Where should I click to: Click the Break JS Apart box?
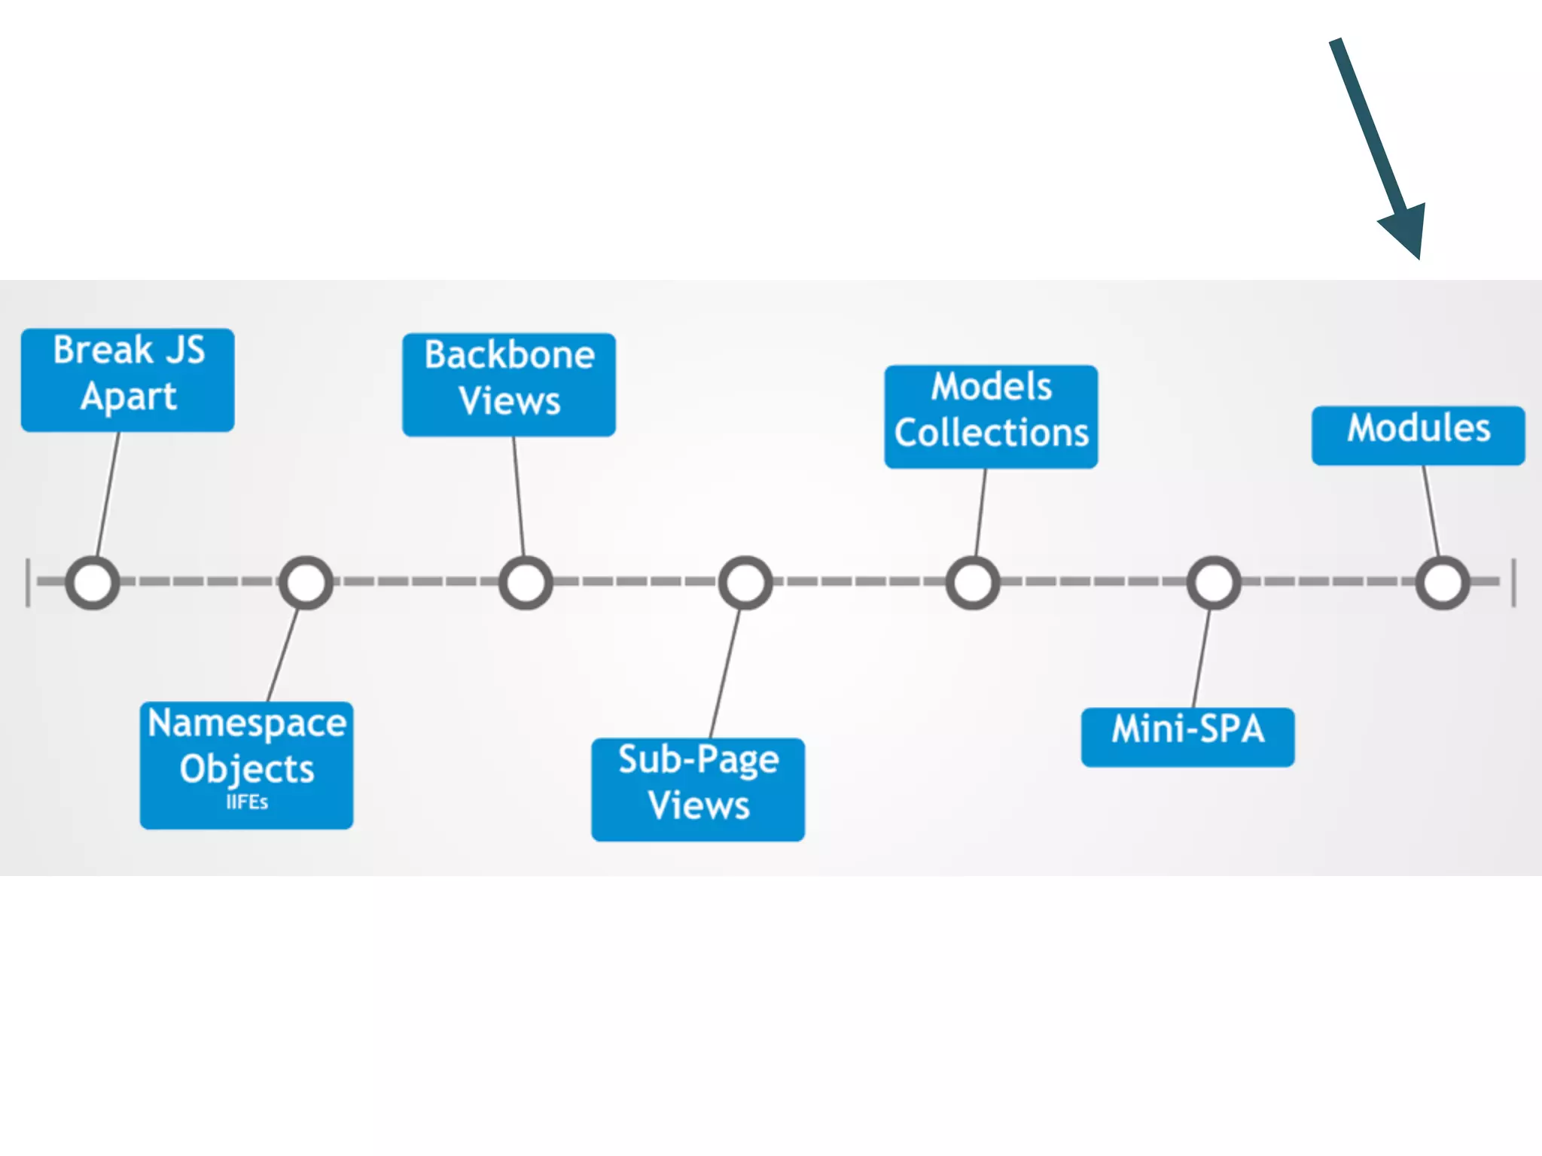coord(127,379)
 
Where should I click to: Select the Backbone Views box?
coord(509,385)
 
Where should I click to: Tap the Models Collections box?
coord(991,416)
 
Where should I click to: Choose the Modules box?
coord(1418,435)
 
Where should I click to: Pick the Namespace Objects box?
coord(246,765)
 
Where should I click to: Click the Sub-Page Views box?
coord(698,789)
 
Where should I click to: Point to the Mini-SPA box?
coord(1187,737)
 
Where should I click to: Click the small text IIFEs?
coord(247,802)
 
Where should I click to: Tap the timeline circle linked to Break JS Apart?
coord(93,583)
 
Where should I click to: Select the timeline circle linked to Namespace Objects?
coord(306,583)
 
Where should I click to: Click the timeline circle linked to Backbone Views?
coord(526,583)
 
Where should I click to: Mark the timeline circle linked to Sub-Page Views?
coord(745,583)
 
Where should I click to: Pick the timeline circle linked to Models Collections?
coord(973,583)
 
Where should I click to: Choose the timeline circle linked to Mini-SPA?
coord(1214,583)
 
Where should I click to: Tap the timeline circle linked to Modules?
coord(1443,583)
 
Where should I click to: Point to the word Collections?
coord(991,433)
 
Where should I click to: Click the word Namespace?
coord(247,723)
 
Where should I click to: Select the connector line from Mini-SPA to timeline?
coord(1202,657)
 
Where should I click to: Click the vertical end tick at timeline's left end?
coord(28,583)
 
